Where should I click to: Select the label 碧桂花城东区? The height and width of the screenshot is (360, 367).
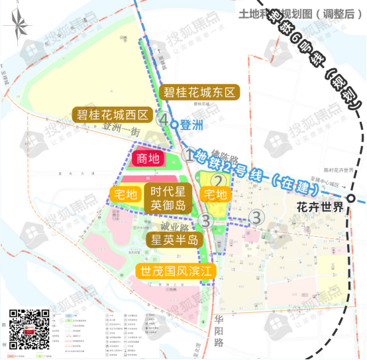[199, 92]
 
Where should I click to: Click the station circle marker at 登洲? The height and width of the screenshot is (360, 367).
[174, 123]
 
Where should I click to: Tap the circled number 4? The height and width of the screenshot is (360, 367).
[162, 119]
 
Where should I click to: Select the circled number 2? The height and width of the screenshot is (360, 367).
[216, 180]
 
